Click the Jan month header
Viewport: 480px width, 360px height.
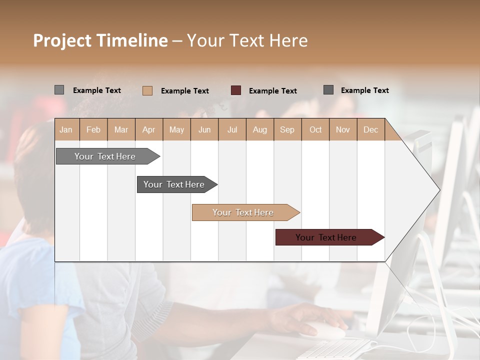point(66,129)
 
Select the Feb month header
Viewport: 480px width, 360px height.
point(93,129)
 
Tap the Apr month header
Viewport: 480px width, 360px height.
point(149,129)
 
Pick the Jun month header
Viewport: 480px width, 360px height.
point(204,129)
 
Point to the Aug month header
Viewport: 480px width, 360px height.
point(260,129)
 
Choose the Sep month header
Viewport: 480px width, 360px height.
point(287,129)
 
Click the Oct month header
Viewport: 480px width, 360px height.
point(315,129)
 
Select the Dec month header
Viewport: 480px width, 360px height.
point(371,129)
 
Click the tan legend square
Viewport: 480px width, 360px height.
point(147,90)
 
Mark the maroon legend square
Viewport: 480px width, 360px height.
point(236,90)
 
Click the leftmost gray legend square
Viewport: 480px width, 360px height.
point(59,90)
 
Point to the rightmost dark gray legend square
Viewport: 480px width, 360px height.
point(328,90)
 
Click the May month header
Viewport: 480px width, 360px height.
point(176,129)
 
